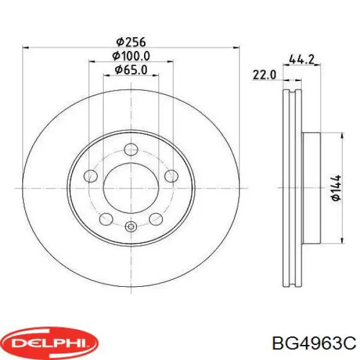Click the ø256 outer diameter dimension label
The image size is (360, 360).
[131, 42]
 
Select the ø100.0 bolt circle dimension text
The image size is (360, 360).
[131, 56]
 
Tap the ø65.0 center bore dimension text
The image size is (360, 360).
[131, 70]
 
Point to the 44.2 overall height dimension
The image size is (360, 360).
[301, 59]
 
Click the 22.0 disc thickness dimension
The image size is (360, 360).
[264, 75]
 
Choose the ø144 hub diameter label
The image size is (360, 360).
[337, 188]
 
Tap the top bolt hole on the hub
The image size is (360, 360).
[131, 149]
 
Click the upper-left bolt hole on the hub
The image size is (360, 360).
[91, 176]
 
